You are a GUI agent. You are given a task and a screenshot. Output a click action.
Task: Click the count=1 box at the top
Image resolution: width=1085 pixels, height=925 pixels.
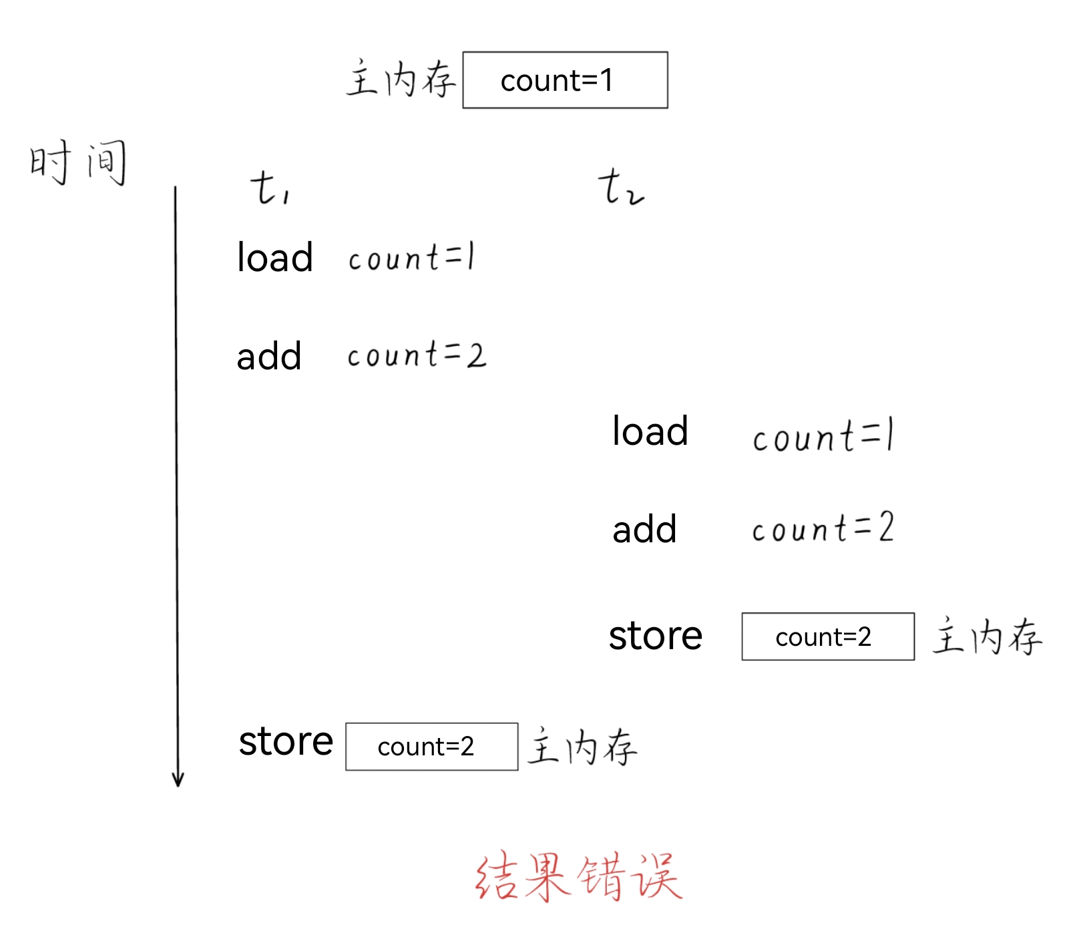click(x=565, y=80)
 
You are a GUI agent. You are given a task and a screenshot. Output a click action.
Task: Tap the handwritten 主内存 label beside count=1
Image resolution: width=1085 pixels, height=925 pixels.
click(x=401, y=79)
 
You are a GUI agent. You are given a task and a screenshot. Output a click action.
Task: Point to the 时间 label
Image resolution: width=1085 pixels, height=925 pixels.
click(x=77, y=162)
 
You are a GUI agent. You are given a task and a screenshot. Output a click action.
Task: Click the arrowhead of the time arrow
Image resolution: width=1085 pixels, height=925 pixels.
click(x=178, y=780)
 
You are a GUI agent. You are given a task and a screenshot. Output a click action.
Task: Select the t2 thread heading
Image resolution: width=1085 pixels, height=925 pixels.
click(x=620, y=187)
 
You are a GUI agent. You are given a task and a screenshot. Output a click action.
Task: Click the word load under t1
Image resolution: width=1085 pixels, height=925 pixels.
click(x=274, y=257)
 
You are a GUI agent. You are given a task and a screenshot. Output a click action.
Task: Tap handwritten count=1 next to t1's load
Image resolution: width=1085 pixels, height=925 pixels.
click(x=411, y=258)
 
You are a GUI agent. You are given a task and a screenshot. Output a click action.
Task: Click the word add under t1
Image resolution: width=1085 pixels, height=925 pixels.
click(x=269, y=356)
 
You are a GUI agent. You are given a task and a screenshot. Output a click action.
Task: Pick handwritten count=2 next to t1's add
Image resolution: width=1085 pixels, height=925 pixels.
click(x=417, y=355)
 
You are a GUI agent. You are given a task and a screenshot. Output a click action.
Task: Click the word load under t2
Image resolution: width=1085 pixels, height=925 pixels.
click(x=650, y=431)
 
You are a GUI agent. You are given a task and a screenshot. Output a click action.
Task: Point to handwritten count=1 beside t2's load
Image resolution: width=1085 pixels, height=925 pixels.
click(x=823, y=436)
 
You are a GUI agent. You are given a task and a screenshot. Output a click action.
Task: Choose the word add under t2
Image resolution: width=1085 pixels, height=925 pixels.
click(x=644, y=529)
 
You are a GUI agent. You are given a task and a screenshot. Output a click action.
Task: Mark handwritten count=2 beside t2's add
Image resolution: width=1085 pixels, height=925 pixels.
click(x=823, y=528)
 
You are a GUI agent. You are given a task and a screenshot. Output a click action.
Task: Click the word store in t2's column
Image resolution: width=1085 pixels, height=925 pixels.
click(x=655, y=635)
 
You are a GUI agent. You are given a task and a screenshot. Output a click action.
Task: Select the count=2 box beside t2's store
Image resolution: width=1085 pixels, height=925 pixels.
click(x=828, y=636)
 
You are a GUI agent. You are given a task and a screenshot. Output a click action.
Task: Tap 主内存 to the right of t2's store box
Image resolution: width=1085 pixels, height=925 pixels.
click(x=987, y=636)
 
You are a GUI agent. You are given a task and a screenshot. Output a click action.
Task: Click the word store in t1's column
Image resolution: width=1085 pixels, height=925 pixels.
click(x=286, y=741)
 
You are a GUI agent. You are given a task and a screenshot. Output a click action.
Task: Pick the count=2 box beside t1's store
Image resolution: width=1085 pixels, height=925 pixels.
click(x=431, y=747)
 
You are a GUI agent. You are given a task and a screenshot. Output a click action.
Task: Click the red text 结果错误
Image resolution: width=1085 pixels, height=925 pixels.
click(x=578, y=876)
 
